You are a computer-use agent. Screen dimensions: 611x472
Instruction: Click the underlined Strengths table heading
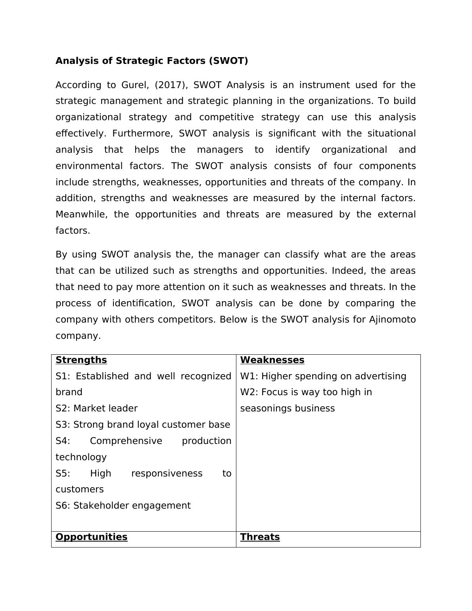click(81, 360)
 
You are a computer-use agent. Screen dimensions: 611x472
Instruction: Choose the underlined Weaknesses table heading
click(272, 360)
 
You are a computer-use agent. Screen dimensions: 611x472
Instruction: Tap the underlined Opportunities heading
click(91, 537)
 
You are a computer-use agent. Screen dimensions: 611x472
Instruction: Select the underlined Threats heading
click(260, 537)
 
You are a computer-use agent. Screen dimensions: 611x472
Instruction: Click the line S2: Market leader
click(96, 408)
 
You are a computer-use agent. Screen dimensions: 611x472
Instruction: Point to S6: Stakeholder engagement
click(123, 505)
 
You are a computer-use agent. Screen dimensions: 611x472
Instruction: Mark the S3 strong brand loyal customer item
click(143, 425)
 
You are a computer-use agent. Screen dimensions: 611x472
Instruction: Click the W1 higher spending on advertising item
click(323, 376)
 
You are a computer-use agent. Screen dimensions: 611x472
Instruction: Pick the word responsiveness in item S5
click(167, 473)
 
